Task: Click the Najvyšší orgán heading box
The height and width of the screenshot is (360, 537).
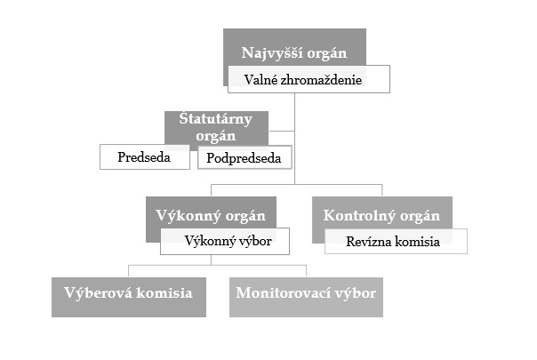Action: [294, 47]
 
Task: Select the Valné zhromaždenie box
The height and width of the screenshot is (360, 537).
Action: [309, 79]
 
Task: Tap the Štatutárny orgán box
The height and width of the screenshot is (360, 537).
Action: [216, 128]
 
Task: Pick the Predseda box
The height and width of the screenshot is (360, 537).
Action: [145, 156]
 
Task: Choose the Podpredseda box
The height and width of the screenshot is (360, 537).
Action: [244, 157]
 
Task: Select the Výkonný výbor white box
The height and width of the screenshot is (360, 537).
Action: [225, 241]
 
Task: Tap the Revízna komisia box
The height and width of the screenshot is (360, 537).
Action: [396, 242]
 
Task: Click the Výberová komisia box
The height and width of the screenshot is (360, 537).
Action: [129, 297]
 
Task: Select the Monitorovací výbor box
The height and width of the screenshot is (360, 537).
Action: [306, 297]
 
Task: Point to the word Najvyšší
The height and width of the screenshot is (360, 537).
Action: [272, 53]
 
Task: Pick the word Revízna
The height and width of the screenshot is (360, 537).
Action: [368, 242]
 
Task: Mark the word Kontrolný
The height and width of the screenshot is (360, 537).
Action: [359, 216]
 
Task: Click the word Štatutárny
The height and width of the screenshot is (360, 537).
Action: [216, 119]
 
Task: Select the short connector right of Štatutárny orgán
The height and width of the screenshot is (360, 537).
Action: [282, 131]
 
